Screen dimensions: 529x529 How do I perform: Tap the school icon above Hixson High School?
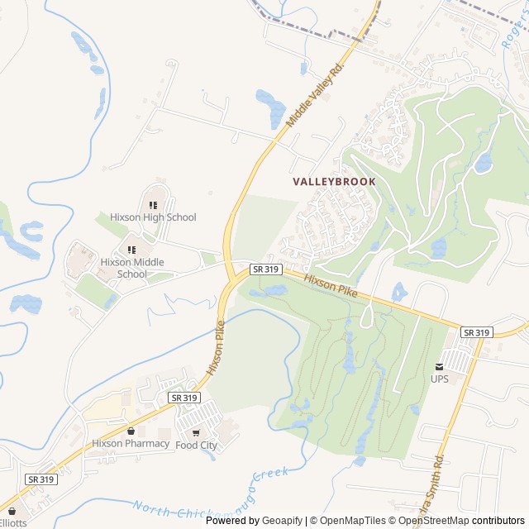[x=153, y=204]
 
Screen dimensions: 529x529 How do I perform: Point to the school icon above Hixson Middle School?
[x=131, y=249]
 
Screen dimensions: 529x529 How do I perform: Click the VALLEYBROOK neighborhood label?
[x=334, y=182]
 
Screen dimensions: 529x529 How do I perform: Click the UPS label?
[x=439, y=379]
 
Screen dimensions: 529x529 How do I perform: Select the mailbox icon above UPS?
[x=440, y=365]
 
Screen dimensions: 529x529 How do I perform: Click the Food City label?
[x=197, y=445]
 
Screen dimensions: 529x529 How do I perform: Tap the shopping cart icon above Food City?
[x=196, y=431]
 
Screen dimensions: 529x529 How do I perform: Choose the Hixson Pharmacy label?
[x=131, y=443]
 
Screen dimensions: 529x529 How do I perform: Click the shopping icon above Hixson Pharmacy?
[x=131, y=431]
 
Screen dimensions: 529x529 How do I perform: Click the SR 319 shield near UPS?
[x=476, y=332]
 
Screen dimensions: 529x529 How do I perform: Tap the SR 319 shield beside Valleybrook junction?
[x=266, y=269]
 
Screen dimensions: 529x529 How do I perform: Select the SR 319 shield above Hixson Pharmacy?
[x=184, y=398]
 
